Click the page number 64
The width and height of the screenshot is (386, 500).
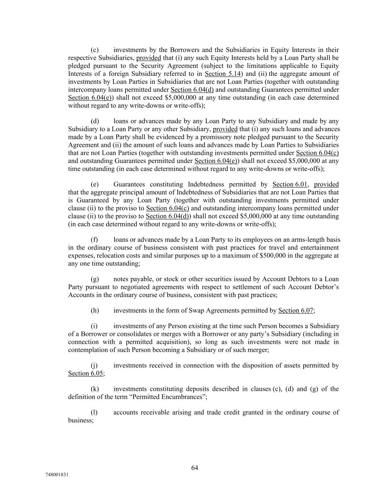[194, 468]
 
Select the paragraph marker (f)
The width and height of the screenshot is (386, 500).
[94, 240]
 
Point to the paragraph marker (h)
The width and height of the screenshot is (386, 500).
[95, 310]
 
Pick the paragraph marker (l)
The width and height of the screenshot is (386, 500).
[94, 412]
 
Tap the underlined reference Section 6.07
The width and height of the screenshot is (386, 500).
[296, 310]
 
